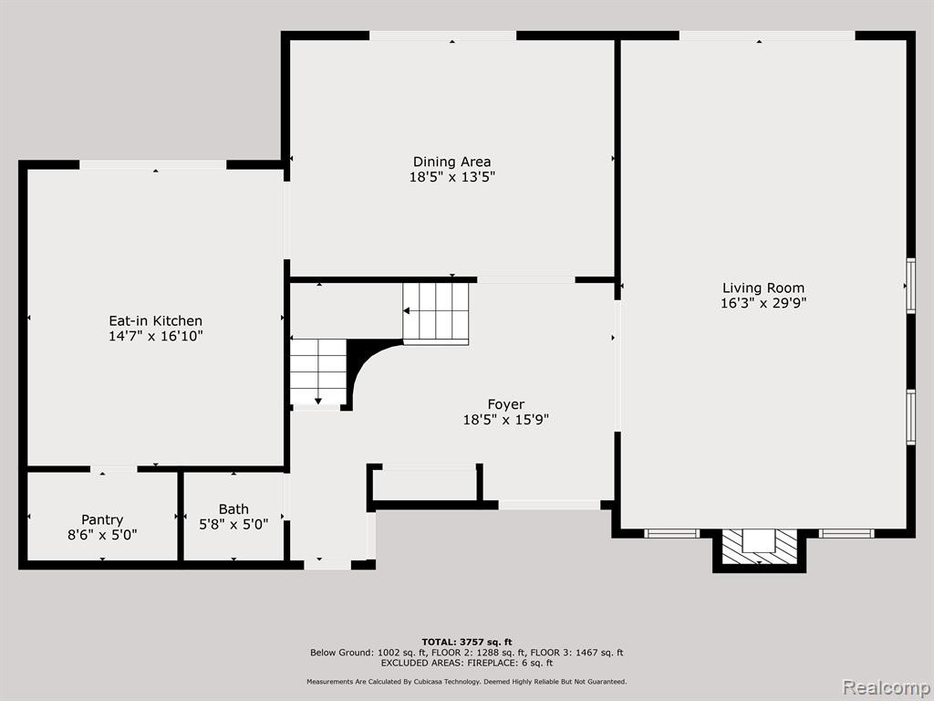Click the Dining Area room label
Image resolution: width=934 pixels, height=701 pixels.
[452, 162]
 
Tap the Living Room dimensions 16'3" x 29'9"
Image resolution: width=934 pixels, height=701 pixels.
[763, 303]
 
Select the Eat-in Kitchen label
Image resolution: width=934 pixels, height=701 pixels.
[155, 320]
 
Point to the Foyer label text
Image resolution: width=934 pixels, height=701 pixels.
[505, 404]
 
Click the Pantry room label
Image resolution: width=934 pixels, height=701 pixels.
[102, 519]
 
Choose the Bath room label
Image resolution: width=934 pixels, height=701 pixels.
[233, 509]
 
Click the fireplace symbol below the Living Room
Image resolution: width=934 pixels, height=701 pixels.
[760, 547]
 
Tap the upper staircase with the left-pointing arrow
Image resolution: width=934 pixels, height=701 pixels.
[435, 311]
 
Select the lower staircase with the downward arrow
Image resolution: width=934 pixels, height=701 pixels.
[318, 372]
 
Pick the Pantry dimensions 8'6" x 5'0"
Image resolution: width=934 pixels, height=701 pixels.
[102, 535]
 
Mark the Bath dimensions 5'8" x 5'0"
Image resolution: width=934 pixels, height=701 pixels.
[233, 525]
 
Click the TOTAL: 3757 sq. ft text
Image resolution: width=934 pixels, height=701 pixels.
[467, 642]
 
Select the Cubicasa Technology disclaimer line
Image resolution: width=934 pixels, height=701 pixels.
[467, 681]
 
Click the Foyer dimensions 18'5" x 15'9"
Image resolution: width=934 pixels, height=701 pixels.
[505, 420]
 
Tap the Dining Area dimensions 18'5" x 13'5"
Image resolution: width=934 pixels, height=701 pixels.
[452, 177]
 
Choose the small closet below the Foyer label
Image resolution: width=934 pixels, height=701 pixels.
[425, 484]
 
